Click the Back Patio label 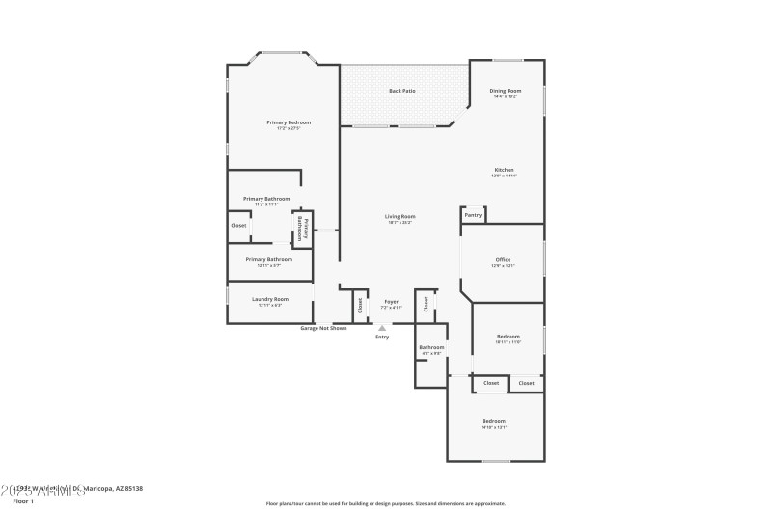(x=402, y=91)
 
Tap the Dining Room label (x=505, y=91)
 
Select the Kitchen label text (x=505, y=170)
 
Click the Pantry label (x=473, y=215)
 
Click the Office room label (x=503, y=260)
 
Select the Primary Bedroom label (x=289, y=122)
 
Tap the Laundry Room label (x=270, y=299)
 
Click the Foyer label (x=391, y=302)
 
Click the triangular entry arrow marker (x=382, y=328)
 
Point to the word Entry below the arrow (x=382, y=337)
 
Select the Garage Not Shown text (x=323, y=328)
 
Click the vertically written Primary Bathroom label (x=302, y=229)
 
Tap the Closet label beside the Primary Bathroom (x=238, y=225)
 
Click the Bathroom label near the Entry (x=431, y=347)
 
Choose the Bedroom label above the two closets (x=508, y=337)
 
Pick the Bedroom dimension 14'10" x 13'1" (x=494, y=427)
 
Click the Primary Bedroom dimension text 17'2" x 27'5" (x=289, y=128)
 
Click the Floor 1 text (x=22, y=501)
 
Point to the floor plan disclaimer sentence (x=385, y=503)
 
